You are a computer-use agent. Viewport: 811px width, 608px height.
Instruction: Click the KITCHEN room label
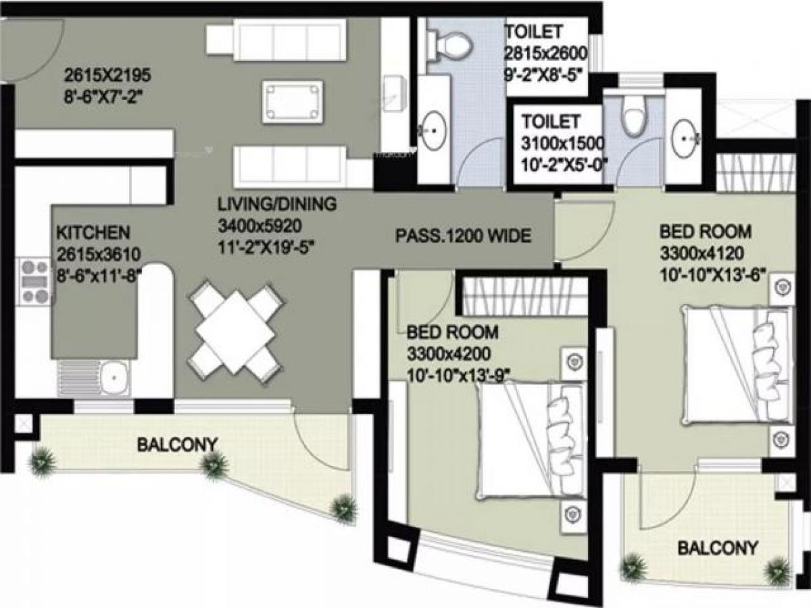[x=92, y=233]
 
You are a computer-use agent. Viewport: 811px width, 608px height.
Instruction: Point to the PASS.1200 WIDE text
[x=463, y=236]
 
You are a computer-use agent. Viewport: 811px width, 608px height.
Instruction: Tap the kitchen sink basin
[x=116, y=376]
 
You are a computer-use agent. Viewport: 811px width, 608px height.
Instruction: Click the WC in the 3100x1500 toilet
[x=634, y=116]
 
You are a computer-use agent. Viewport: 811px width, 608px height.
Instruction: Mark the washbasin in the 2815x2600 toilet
[x=433, y=128]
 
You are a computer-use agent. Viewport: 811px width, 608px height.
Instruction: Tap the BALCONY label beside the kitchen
[x=177, y=445]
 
